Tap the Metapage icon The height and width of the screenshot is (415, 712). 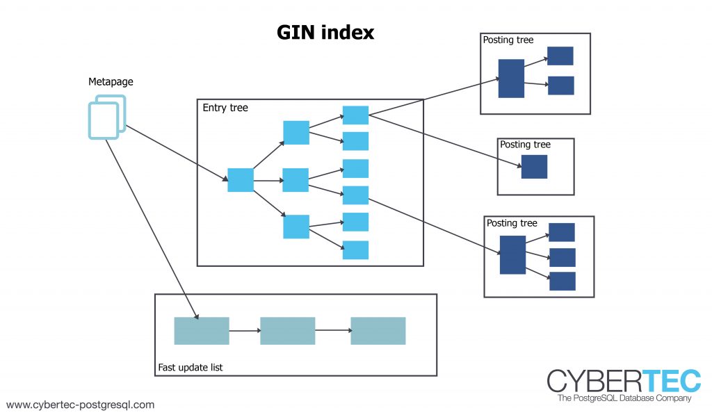coord(107,117)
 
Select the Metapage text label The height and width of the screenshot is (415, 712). coord(111,82)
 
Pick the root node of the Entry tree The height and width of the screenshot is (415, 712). coord(241,180)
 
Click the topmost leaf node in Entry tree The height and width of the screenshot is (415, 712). coord(355,115)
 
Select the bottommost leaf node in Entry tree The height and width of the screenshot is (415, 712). coord(355,250)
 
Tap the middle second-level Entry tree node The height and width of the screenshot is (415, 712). coord(296,180)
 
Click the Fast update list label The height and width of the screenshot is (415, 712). coord(191,367)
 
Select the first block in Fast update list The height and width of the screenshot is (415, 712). coord(201,331)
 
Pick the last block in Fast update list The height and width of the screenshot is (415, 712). coord(378,331)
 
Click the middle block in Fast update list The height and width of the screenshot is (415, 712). coord(287,331)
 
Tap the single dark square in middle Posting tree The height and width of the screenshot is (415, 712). coord(534,167)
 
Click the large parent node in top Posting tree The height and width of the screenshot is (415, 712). coord(511,79)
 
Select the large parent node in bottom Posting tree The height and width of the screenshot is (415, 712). coord(512,255)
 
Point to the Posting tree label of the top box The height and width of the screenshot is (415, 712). coord(508,40)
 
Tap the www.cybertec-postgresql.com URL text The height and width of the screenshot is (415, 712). coord(80,405)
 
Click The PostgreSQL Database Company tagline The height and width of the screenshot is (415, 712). coord(624,399)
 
